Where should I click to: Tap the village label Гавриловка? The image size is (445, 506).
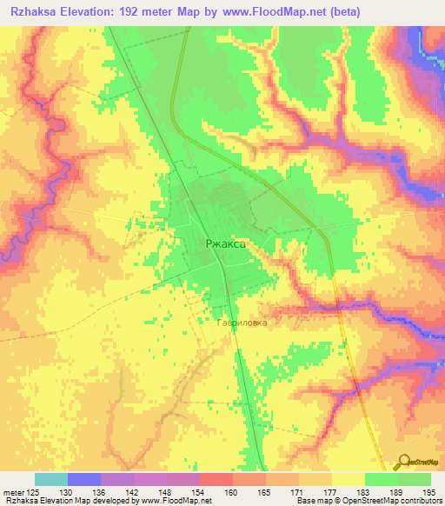242,322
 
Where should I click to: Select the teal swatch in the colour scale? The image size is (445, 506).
50,479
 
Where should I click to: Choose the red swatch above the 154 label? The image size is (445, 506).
216,479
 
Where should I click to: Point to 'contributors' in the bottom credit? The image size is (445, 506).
419,500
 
